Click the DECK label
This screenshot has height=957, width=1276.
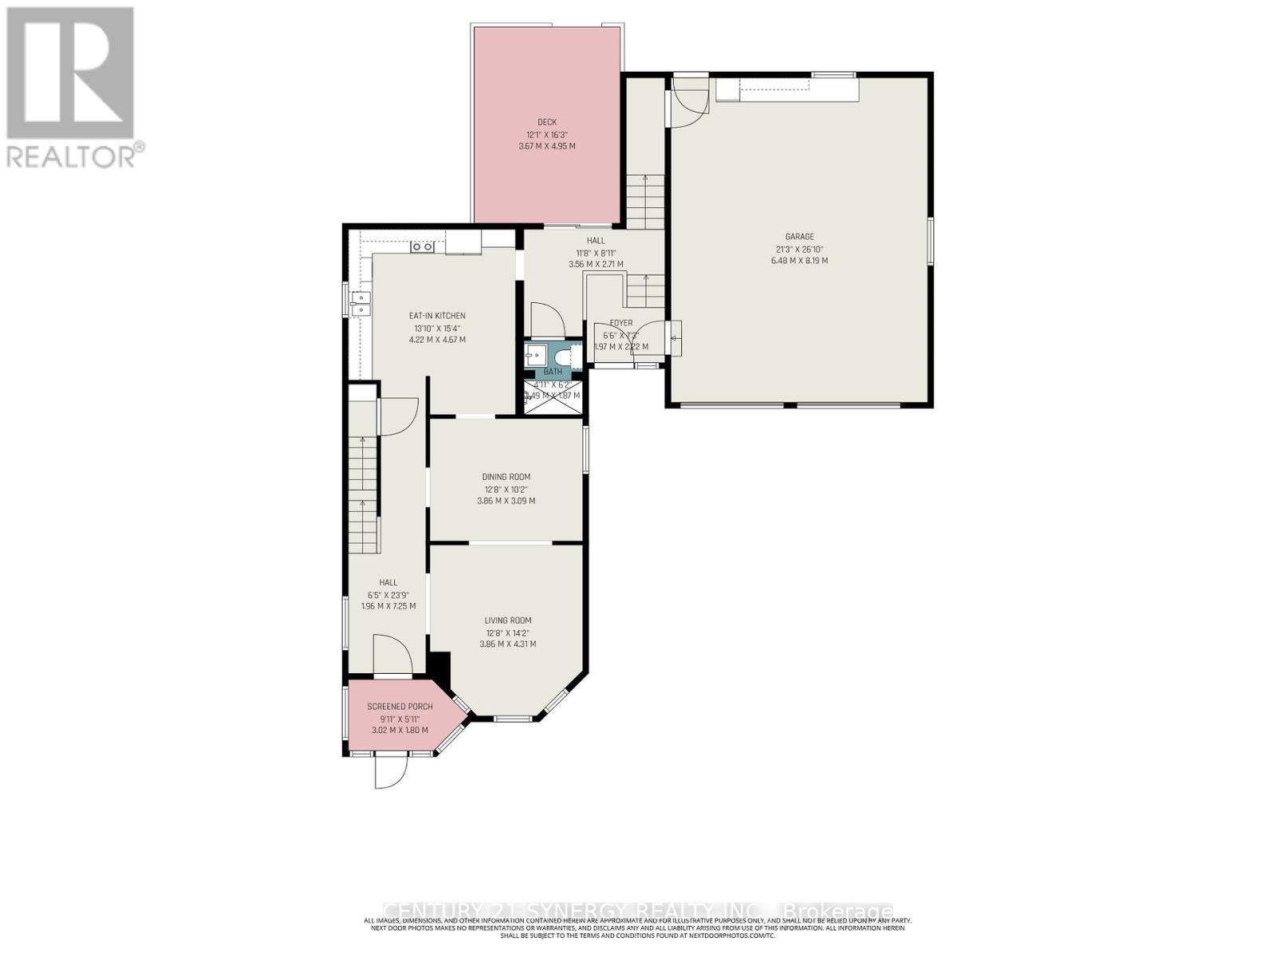(546, 122)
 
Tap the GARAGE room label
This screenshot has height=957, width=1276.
(799, 236)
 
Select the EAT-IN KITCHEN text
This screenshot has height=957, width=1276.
(437, 316)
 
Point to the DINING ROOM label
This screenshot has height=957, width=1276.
(506, 477)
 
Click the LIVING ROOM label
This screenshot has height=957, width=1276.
(507, 620)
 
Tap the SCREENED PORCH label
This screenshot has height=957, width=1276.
(400, 707)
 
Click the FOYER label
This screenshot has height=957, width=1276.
(621, 323)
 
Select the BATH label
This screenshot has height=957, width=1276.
(553, 372)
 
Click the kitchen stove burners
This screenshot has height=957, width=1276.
(422, 246)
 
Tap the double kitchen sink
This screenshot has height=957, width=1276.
(361, 302)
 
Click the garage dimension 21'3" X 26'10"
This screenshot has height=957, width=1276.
(799, 249)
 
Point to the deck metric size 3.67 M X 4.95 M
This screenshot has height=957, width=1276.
(546, 147)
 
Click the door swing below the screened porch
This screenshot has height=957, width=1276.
(391, 770)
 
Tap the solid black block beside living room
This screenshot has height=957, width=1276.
(439, 664)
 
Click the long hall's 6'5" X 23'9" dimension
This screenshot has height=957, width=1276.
(388, 594)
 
